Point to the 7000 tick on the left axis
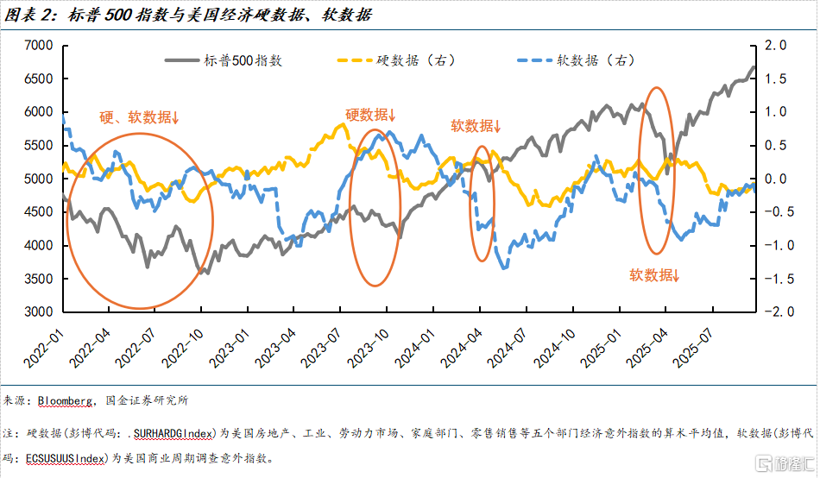tap(40, 45)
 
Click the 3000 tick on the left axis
tap(40, 312)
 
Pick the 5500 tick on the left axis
tap(40, 145)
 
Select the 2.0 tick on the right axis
tap(778, 45)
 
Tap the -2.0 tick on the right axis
tap(776, 312)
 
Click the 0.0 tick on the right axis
tap(778, 179)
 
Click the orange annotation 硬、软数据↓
tap(139, 118)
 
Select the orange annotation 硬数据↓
tap(370, 114)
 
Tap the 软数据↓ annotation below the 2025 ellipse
tap(654, 275)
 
